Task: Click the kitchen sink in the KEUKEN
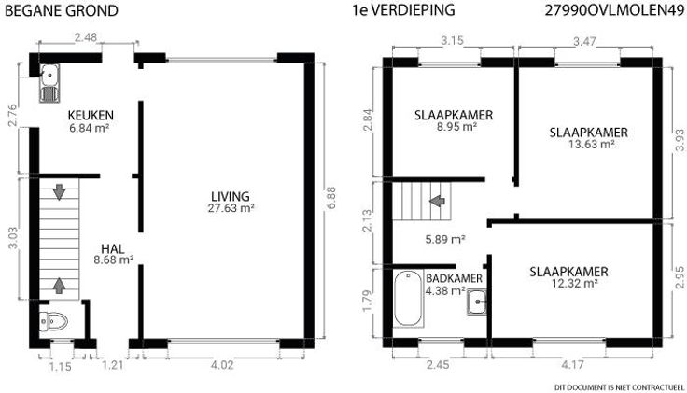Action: (49, 83)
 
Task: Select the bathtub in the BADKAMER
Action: (408, 299)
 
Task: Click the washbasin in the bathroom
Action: (476, 302)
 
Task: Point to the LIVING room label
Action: (231, 197)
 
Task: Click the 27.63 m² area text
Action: (231, 208)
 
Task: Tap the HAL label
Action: (113, 249)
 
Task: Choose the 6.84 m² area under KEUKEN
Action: (89, 129)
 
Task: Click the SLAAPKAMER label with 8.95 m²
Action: (454, 115)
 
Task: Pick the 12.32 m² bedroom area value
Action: (574, 283)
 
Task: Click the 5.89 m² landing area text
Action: (445, 239)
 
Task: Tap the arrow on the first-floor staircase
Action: (437, 201)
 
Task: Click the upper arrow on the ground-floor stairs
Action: (59, 192)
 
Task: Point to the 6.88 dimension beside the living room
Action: (331, 198)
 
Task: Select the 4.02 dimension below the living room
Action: (222, 365)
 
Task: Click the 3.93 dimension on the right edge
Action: (680, 140)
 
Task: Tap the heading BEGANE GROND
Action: (62, 10)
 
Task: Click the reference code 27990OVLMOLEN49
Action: (614, 10)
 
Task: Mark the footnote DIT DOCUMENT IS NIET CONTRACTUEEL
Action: (619, 387)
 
